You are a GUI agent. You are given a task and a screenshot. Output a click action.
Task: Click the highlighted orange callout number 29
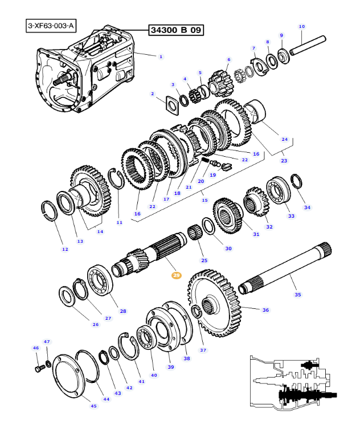tap(176, 275)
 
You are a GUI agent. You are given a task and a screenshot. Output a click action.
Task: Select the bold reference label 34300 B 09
tap(177, 30)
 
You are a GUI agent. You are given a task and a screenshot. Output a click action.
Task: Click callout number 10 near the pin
tap(302, 26)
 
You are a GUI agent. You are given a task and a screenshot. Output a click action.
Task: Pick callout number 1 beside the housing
tap(161, 56)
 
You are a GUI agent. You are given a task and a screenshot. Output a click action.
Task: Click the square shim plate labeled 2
tap(170, 104)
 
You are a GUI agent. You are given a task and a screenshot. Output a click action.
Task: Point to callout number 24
tap(284, 139)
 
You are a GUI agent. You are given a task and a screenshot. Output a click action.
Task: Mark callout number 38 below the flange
tap(186, 358)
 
